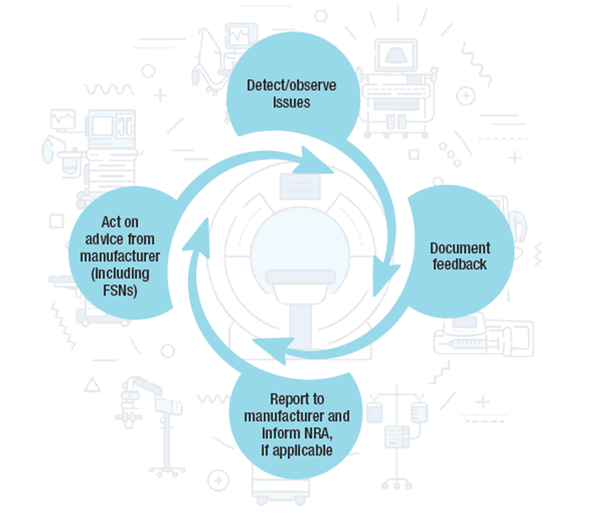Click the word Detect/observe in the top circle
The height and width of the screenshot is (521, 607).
click(x=291, y=86)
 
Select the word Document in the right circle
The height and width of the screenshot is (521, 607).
click(x=460, y=248)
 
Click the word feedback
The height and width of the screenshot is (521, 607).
click(x=460, y=265)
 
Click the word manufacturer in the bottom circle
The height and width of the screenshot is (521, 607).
click(x=280, y=416)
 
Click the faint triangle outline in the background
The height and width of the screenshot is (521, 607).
click(x=92, y=385)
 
